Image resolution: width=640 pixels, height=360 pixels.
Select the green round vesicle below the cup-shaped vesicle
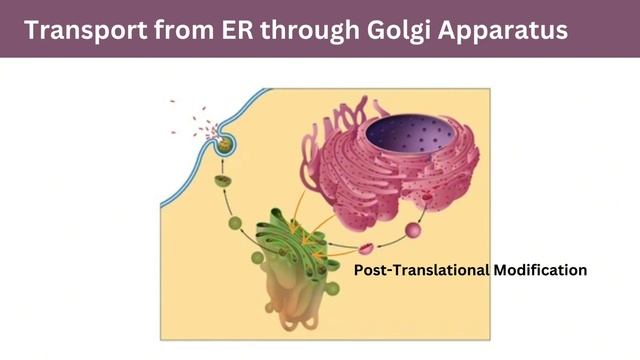coord(237,222)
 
